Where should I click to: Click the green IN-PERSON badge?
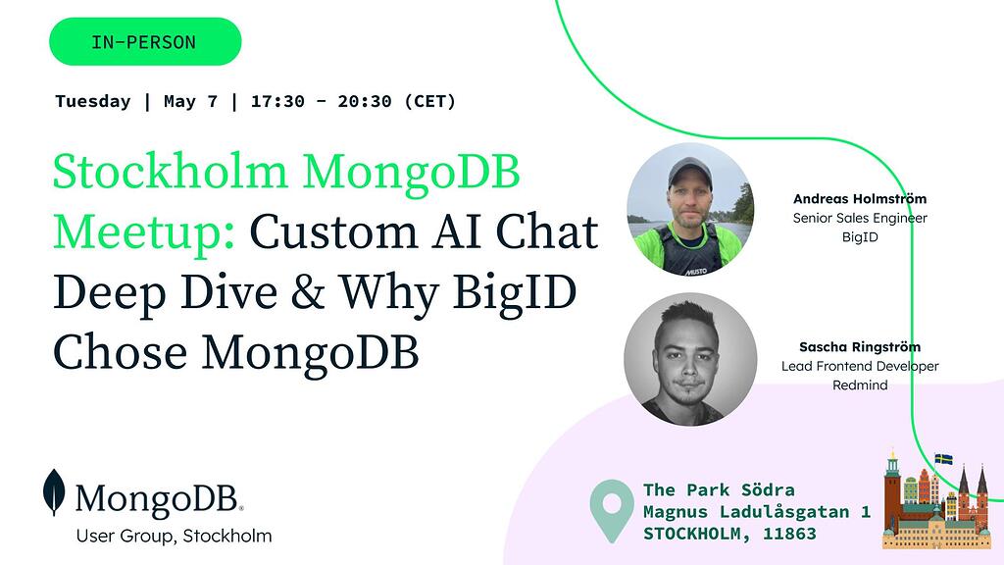pos(144,42)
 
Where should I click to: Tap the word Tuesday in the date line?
pos(93,101)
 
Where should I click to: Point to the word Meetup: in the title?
pos(143,231)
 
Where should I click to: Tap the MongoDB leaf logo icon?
pos(54,492)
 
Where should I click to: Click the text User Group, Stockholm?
pos(174,536)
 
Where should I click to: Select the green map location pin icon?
pos(611,509)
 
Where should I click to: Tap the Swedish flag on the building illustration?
pos(943,458)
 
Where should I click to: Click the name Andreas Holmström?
pos(860,199)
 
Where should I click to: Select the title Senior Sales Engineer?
pos(860,218)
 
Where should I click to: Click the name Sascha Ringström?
pos(860,347)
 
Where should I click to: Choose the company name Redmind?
pos(860,385)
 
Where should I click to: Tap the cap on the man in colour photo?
pos(689,172)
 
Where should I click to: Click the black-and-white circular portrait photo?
pos(690,359)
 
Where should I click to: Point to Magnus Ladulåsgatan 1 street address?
pos(756,512)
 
